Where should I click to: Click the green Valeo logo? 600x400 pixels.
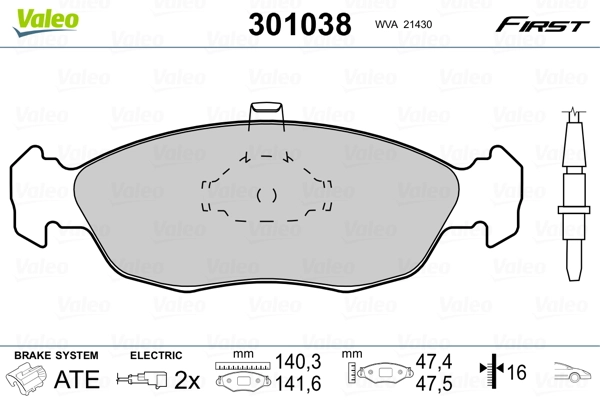[46, 22]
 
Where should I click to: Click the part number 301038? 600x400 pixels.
[300, 24]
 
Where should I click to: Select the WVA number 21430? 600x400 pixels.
[419, 24]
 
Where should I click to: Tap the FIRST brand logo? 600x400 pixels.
[542, 25]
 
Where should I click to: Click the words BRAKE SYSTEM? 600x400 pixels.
[56, 355]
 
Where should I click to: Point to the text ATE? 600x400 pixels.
[77, 379]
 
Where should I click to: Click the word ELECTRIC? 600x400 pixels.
[156, 355]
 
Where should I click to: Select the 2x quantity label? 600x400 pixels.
[187, 380]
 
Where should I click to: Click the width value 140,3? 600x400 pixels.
[298, 361]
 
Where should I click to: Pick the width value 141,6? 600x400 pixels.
[298, 384]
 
